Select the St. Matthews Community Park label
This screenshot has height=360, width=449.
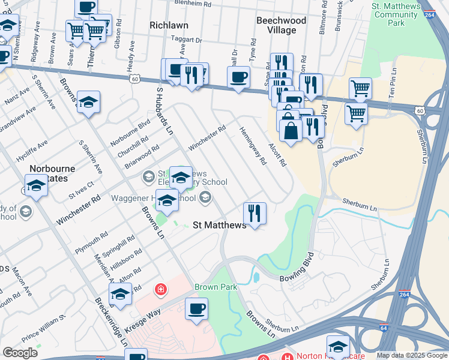[x=396, y=14]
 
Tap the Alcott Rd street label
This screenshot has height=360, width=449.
[x=277, y=155]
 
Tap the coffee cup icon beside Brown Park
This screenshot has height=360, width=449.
[x=196, y=309]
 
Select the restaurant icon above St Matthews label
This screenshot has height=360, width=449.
[x=255, y=212]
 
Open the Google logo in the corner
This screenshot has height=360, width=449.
[x=20, y=353]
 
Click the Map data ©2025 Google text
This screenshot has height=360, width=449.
[x=411, y=355]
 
